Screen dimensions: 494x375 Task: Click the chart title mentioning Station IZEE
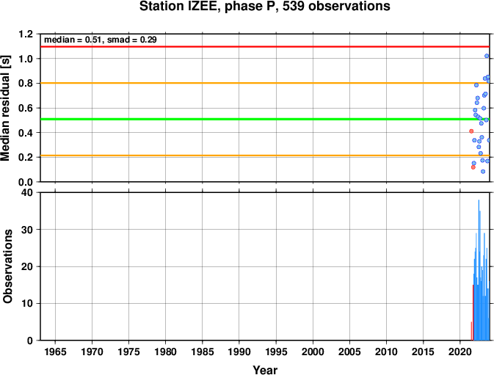click(x=265, y=7)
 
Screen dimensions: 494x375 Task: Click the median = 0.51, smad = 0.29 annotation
click(x=100, y=40)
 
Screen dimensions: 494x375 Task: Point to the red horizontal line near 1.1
click(x=265, y=46)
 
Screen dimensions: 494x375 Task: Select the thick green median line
click(x=265, y=119)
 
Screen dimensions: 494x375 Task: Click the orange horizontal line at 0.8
click(x=265, y=83)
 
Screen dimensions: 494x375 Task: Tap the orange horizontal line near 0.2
click(x=265, y=156)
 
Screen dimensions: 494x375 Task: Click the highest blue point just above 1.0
click(x=487, y=56)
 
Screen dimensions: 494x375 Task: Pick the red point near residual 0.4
click(x=471, y=131)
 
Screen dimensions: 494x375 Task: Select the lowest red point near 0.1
click(x=473, y=167)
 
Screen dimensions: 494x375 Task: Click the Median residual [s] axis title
click(x=6, y=109)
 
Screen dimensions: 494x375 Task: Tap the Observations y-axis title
click(x=7, y=266)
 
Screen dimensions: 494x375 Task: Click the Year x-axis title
click(x=265, y=370)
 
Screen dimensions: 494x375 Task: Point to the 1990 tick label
click(x=239, y=352)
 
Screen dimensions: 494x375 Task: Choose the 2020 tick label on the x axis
click(x=460, y=352)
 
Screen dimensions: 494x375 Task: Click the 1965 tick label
click(x=56, y=352)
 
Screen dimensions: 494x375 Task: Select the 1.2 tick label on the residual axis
click(x=26, y=34)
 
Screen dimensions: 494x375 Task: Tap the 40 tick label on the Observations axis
click(x=27, y=192)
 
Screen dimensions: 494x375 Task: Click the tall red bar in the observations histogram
click(x=473, y=313)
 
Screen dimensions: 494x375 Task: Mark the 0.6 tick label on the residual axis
click(x=26, y=108)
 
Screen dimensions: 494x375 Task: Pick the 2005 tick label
click(x=349, y=352)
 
